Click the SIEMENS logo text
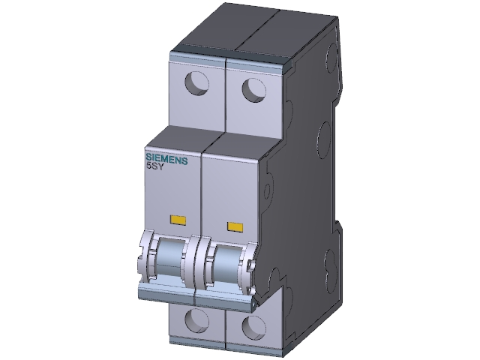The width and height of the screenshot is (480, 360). (x=166, y=159)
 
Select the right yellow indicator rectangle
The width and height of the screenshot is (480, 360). (x=235, y=226)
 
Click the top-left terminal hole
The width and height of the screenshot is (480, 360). (x=196, y=83)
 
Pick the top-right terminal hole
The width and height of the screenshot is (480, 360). (x=253, y=90)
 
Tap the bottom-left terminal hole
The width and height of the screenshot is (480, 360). (x=196, y=320)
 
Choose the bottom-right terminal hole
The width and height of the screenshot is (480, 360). (x=253, y=328)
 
